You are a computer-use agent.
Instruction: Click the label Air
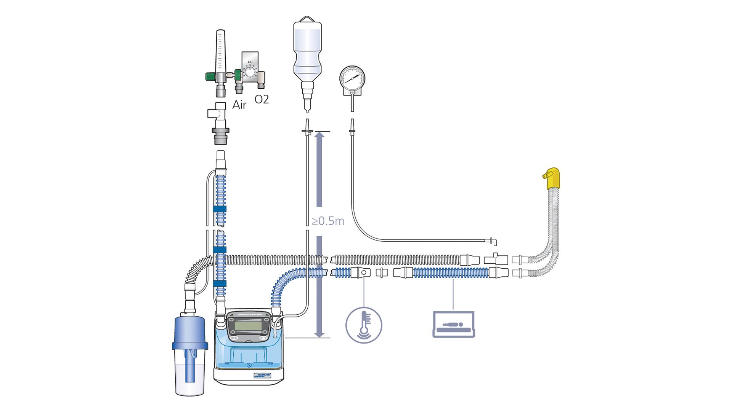coord(239,105)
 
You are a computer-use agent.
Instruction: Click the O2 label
coord(262,99)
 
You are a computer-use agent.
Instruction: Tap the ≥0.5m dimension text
coord(328,221)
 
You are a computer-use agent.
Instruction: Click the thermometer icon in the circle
coord(364,325)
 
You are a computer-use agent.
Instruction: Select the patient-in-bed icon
coord(454,324)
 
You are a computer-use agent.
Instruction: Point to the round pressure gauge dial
coord(352,78)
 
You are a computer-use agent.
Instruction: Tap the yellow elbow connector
coord(552,179)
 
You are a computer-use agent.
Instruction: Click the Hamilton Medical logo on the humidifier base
coord(262,375)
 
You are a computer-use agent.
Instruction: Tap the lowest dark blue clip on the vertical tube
coord(220,284)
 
